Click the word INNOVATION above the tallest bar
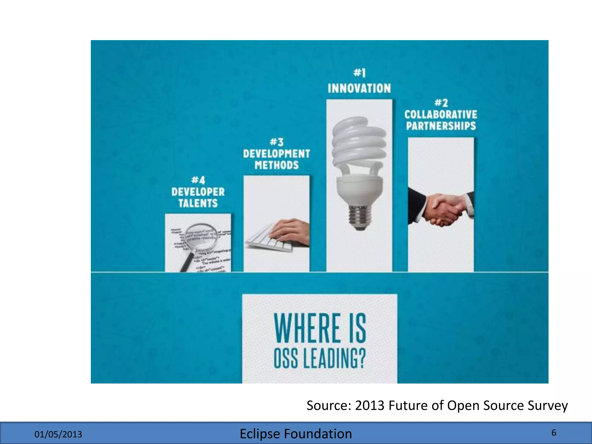[x=359, y=88]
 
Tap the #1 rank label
[x=359, y=73]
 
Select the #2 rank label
[x=441, y=103]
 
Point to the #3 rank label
[x=276, y=142]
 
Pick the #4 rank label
[x=198, y=180]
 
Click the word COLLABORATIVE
[x=441, y=114]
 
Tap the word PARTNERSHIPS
[x=441, y=126]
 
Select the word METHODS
[x=276, y=165]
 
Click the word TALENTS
[x=198, y=203]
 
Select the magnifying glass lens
[x=201, y=236]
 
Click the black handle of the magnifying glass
[x=186, y=262]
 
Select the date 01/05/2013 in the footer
[x=58, y=434]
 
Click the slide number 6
[x=554, y=433]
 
